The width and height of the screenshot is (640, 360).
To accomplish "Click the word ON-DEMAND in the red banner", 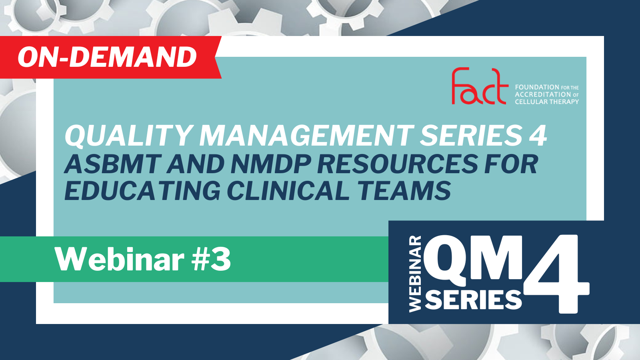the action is (107, 57).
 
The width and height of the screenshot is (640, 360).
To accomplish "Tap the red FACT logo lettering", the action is (480, 86).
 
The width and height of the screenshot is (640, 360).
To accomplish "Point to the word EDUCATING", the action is (142, 190).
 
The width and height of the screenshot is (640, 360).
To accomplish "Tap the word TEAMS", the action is (404, 190).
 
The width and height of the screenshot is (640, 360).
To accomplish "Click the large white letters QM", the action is (473, 260).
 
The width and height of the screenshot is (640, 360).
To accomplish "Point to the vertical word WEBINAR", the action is (416, 274).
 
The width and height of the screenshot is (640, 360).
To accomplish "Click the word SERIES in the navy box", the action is (473, 300).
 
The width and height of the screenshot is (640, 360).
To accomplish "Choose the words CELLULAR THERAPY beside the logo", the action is (547, 102).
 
